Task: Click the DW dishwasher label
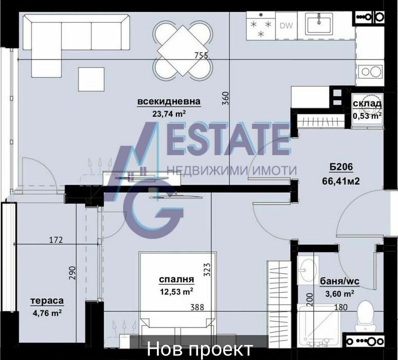click(x=286, y=25)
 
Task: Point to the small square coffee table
click(x=92, y=79)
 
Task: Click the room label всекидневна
click(x=169, y=101)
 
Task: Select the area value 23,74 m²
click(x=169, y=114)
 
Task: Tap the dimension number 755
click(x=201, y=55)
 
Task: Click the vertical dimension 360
click(x=225, y=99)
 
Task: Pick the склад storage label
click(x=367, y=103)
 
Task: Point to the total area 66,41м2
click(x=341, y=181)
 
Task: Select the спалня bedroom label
click(x=176, y=279)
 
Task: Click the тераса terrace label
click(x=47, y=300)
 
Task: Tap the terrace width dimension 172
click(x=56, y=240)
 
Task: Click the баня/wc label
click(x=340, y=281)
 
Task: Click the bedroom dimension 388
click(x=197, y=308)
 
